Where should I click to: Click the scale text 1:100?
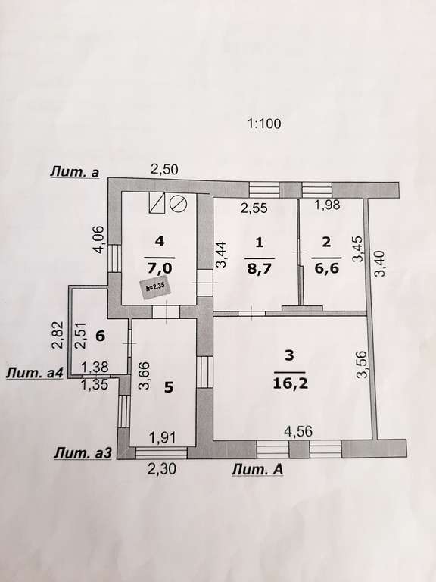(264, 124)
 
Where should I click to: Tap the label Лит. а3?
(83, 453)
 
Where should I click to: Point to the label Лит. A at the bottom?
(257, 470)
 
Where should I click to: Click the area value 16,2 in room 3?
(290, 383)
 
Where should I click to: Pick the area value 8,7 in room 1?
(259, 268)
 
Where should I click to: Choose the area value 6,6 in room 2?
(326, 268)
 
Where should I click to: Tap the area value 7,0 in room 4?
(160, 267)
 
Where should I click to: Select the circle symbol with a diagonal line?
(178, 203)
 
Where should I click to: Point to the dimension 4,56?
(298, 431)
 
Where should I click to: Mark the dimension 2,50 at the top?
(164, 169)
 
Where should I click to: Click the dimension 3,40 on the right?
(381, 264)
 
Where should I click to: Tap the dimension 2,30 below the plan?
(161, 470)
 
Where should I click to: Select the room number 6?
(101, 336)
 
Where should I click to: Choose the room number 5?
(169, 387)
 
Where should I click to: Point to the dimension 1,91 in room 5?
(162, 437)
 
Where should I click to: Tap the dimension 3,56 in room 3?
(362, 364)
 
